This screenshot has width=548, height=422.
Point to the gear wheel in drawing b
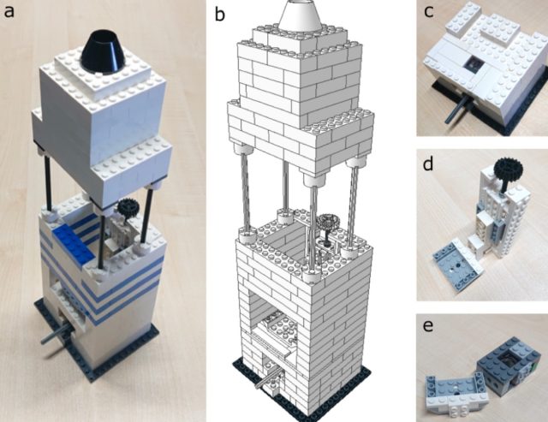coord(328,224)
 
